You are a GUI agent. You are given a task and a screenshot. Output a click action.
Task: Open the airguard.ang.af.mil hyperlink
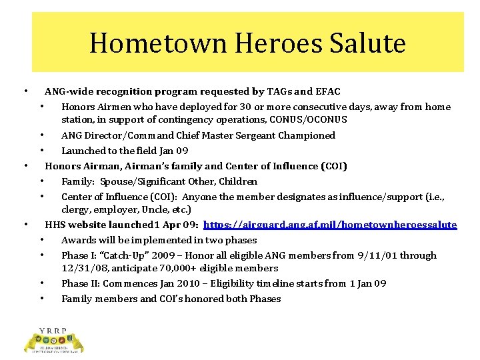point(330,225)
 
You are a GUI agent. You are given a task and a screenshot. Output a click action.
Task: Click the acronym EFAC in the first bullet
point(326,91)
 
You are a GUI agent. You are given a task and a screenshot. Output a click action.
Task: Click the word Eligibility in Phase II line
point(232,283)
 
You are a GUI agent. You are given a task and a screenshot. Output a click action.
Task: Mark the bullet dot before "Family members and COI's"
point(41,299)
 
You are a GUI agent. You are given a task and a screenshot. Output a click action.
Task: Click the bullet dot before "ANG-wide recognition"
point(25,91)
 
